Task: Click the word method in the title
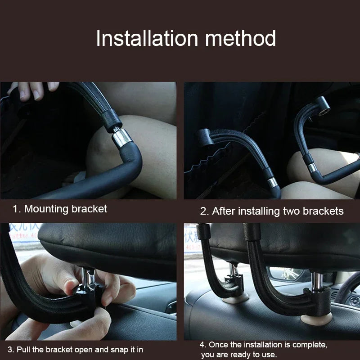pos(241,39)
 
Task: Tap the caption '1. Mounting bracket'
pos(60,209)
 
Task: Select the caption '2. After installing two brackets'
pos(272,211)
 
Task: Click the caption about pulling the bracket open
pos(76,349)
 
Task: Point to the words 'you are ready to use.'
pos(238,355)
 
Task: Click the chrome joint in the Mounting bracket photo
pos(121,137)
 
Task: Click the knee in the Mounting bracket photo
pos(108,153)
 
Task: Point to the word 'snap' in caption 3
pos(112,349)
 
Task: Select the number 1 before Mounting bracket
pos(16,209)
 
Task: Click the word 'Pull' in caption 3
pos(24,349)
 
